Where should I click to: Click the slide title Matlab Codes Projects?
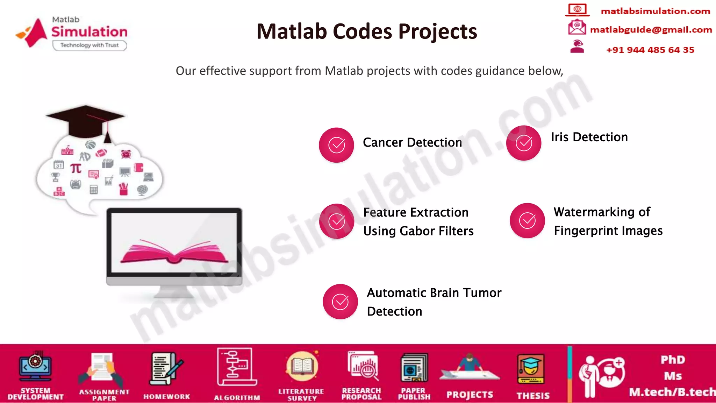[x=366, y=31]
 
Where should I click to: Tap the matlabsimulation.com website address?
[x=655, y=11]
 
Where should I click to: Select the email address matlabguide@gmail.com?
[x=651, y=30]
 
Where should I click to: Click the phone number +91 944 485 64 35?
[x=650, y=50]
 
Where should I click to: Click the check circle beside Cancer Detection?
[x=336, y=145]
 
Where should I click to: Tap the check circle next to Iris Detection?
[x=524, y=143]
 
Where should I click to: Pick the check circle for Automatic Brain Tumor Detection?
[x=340, y=302]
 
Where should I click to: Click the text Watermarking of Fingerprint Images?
[x=608, y=221]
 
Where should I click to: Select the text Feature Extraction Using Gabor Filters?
[x=418, y=221]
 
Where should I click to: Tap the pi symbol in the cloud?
[x=76, y=169]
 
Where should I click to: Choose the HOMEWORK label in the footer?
[x=166, y=397]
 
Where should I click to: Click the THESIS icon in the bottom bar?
[x=531, y=369]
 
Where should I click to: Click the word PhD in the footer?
[x=673, y=360]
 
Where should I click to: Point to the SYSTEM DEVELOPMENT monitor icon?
[x=35, y=367]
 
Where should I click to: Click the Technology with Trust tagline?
[x=89, y=45]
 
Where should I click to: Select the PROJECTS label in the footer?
[x=470, y=395]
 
